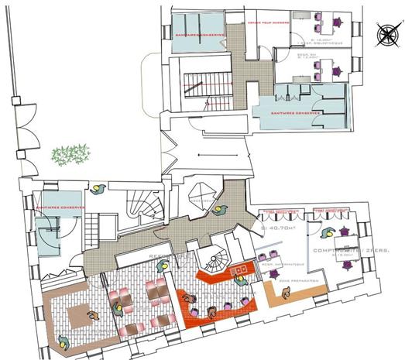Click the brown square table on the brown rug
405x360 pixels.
78,314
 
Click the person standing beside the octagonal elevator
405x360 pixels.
221,209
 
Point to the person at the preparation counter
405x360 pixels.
287,293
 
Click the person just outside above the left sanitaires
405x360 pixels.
98,188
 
